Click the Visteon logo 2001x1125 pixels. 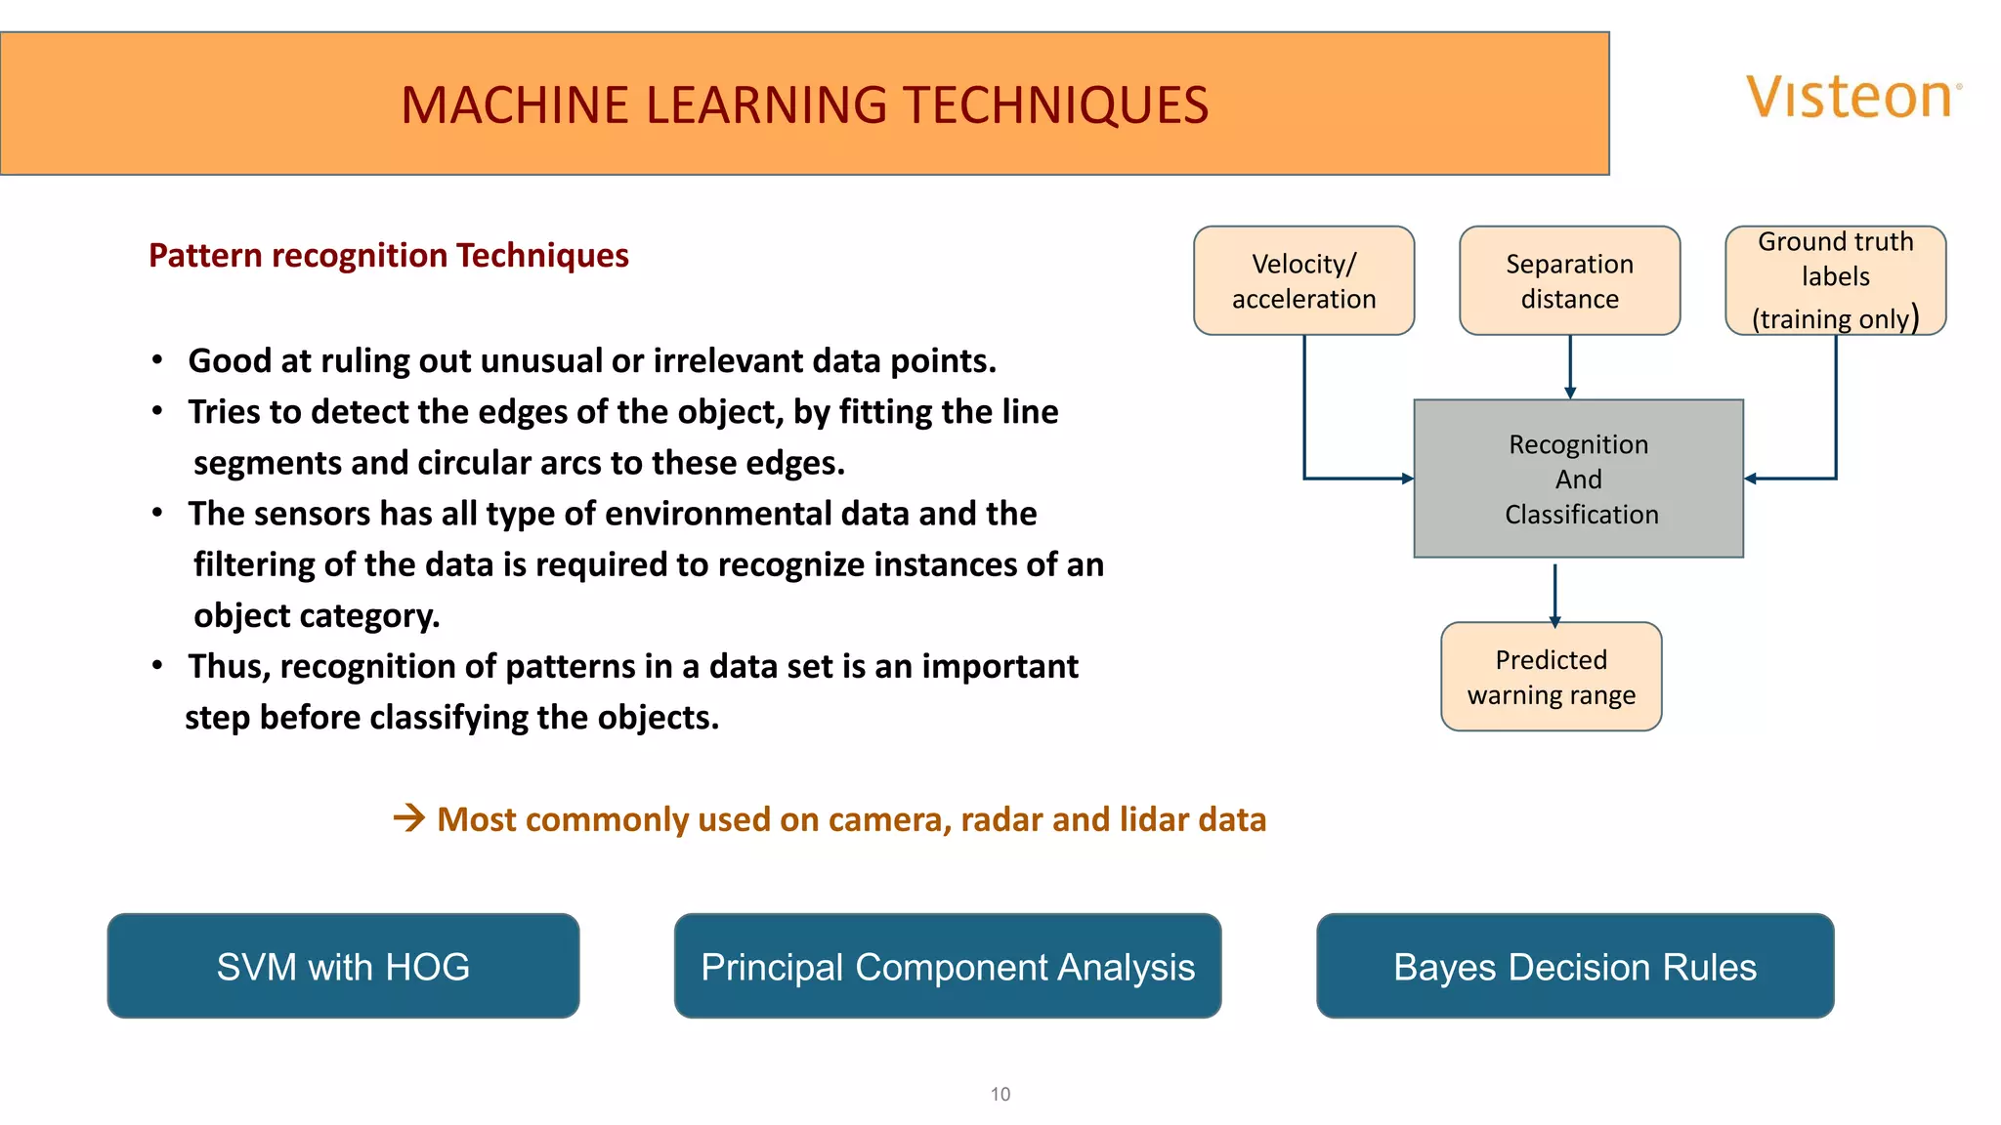(x=1852, y=98)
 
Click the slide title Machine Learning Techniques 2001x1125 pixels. (x=804, y=105)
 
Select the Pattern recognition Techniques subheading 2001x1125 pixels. (x=388, y=256)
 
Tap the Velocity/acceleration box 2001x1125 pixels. (x=1303, y=281)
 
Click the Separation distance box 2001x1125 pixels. (x=1569, y=281)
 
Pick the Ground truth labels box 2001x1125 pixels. (x=1835, y=280)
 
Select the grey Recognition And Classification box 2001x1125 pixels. (x=1578, y=479)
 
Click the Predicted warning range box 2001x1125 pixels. (x=1551, y=677)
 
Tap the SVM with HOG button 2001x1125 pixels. (x=343, y=967)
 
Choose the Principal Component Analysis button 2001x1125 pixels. (x=947, y=967)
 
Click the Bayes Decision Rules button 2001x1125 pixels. (x=1574, y=967)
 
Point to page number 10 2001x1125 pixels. (x=1000, y=1095)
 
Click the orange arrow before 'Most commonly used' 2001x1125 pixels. (x=409, y=817)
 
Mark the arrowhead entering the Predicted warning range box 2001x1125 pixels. (x=1554, y=621)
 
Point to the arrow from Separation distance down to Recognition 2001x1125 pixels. (x=1570, y=367)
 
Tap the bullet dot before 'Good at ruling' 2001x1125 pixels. (x=157, y=360)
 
